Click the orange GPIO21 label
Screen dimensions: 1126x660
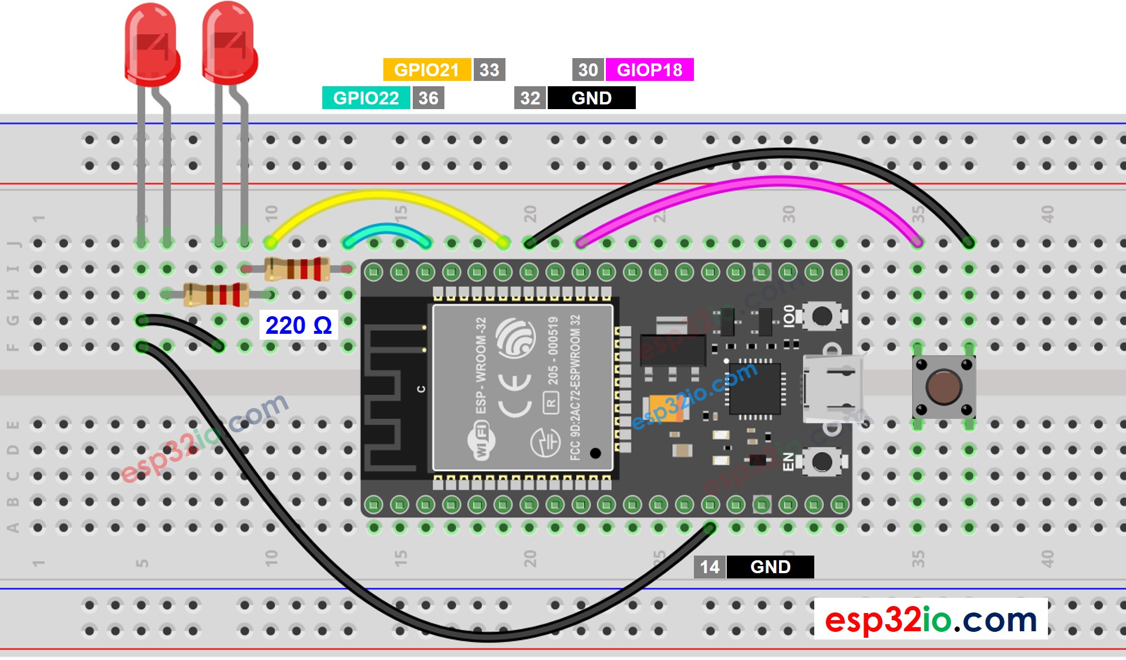coord(426,70)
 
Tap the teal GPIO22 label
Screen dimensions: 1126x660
coord(366,98)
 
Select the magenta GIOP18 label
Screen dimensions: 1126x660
coord(649,70)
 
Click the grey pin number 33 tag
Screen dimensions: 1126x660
coord(489,70)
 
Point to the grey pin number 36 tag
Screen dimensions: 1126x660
coord(428,98)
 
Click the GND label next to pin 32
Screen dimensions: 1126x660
coord(591,98)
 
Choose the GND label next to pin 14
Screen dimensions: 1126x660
coord(770,567)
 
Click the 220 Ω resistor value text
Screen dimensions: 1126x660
coord(298,325)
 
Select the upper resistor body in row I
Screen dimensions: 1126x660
coord(296,269)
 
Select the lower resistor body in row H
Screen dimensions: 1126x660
coord(216,295)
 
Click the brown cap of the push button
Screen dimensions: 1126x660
coord(943,387)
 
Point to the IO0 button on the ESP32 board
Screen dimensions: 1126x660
coord(821,316)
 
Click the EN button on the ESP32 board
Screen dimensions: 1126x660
coord(821,462)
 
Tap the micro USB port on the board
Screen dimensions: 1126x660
coord(832,388)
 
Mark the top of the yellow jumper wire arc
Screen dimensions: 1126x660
coord(385,194)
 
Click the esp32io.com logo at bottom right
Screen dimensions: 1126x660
coord(931,619)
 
